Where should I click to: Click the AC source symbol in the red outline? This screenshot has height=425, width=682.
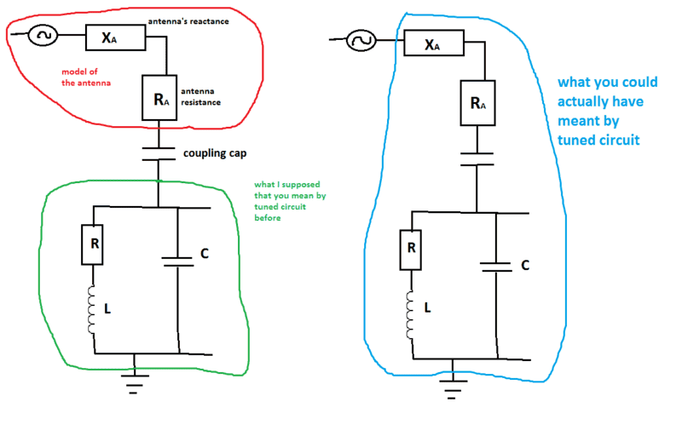(42, 36)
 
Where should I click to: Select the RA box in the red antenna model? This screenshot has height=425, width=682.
(159, 98)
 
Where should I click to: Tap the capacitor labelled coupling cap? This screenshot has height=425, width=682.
(159, 154)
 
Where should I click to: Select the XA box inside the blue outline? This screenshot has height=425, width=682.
(433, 43)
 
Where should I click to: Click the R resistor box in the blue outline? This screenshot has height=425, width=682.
(411, 250)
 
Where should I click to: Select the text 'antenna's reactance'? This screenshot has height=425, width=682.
(188, 20)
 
